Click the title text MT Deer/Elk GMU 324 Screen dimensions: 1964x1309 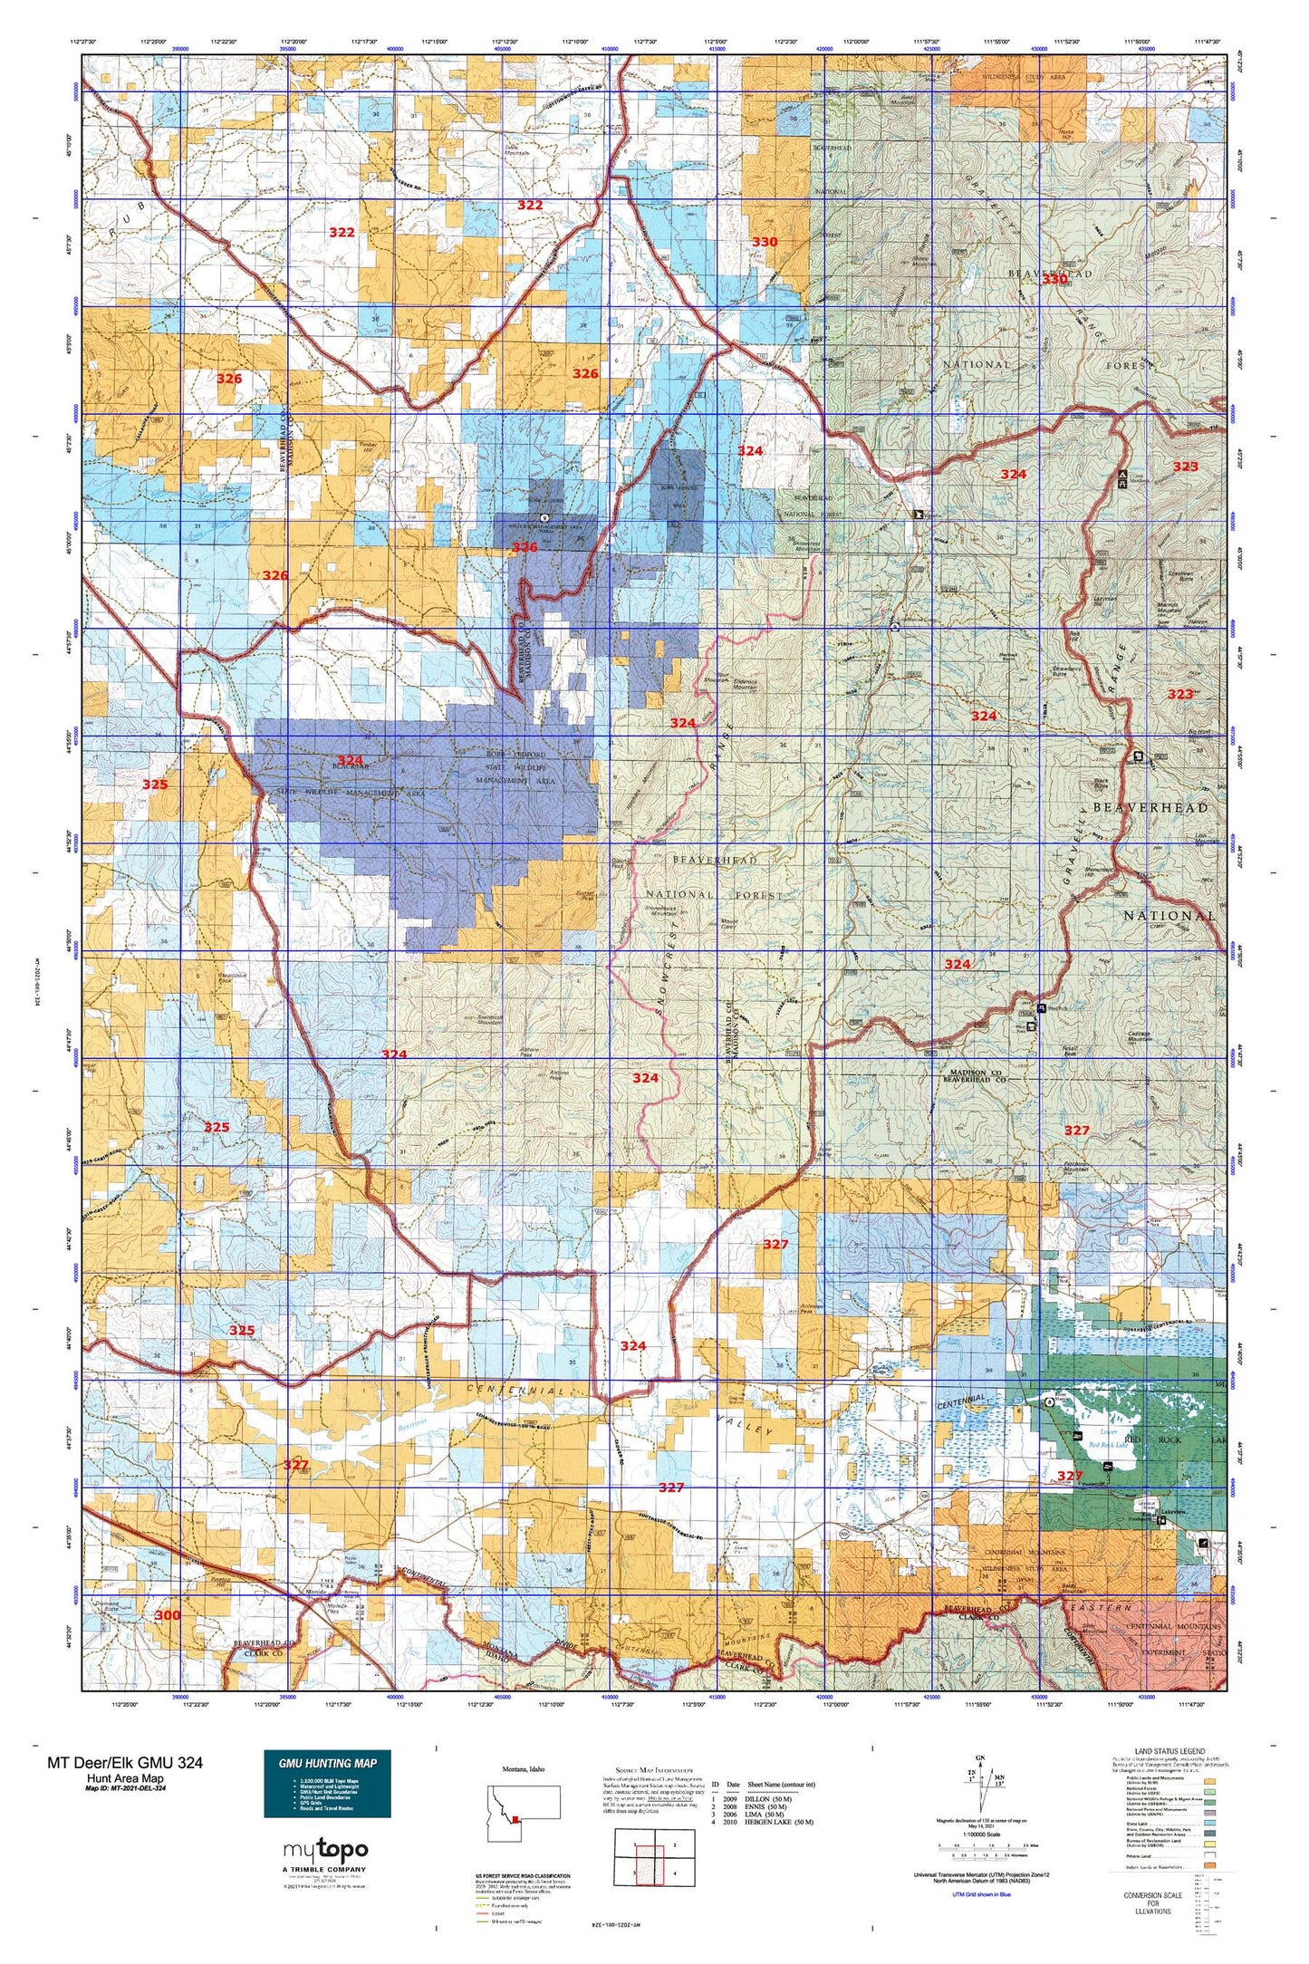[125, 1762]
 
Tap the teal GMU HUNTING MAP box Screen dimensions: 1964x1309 [327, 1784]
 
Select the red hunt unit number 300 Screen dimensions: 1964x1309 [168, 1615]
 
